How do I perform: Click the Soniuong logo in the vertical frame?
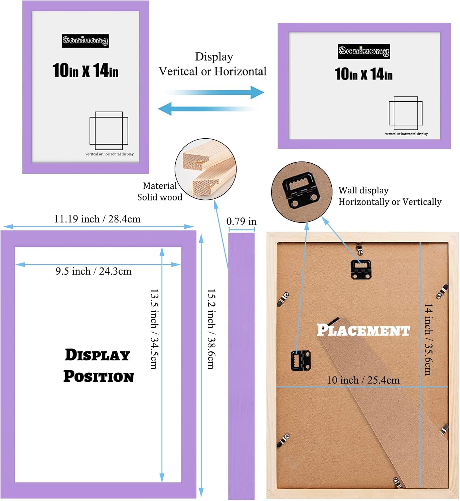pos(85,41)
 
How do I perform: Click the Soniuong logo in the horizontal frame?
pos(363,51)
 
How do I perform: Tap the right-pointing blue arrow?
pos(214,93)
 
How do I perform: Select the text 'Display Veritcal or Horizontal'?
pos(213,64)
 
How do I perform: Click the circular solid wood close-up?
pos(205,169)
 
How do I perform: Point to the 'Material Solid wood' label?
pos(160,191)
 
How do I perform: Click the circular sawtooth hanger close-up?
pos(301,192)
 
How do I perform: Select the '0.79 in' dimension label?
pos(241,221)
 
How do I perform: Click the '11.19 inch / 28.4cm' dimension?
pos(97,219)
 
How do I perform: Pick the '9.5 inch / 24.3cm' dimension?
pos(94,271)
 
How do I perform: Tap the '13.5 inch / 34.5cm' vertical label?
pos(154,329)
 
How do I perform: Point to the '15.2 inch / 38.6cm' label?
pos(211,329)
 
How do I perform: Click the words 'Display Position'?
pos(99,365)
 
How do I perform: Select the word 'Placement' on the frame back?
pos(363,330)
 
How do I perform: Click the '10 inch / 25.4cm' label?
pos(363,380)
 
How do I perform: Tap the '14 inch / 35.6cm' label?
pos(428,339)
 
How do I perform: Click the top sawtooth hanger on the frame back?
pos(361,269)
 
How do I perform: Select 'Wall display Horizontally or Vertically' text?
pos(390,196)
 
